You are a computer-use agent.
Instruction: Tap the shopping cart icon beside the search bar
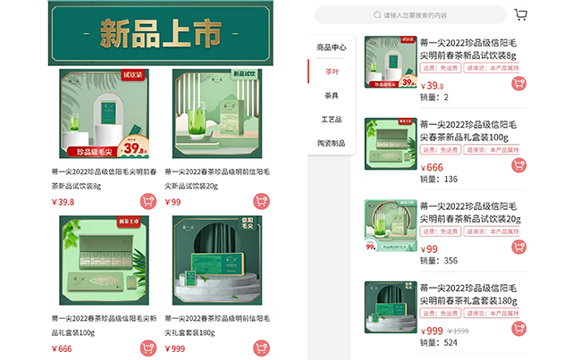pyautogui.click(x=521, y=14)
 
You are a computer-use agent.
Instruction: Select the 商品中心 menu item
pyautogui.click(x=331, y=46)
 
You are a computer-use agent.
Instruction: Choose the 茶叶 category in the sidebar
pyautogui.click(x=331, y=71)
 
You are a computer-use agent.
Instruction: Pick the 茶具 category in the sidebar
pyautogui.click(x=331, y=95)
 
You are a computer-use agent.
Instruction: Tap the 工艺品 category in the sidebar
pyautogui.click(x=331, y=119)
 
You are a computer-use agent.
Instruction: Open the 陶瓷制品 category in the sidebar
pyautogui.click(x=331, y=143)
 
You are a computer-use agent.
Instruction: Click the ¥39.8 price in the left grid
pyautogui.click(x=63, y=202)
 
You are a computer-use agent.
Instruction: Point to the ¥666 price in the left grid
pyautogui.click(x=62, y=348)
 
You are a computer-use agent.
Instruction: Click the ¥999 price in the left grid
pyautogui.click(x=175, y=348)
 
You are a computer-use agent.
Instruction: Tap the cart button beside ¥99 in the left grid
pyautogui.click(x=261, y=201)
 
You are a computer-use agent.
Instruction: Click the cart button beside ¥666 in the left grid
pyautogui.click(x=147, y=347)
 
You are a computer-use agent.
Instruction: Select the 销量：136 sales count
pyautogui.click(x=438, y=179)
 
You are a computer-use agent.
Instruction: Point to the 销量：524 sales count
pyautogui.click(x=438, y=342)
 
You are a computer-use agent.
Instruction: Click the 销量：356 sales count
pyautogui.click(x=438, y=261)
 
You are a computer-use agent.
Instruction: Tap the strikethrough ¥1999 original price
pyautogui.click(x=458, y=331)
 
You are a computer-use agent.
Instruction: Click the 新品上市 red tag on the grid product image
pyautogui.click(x=129, y=222)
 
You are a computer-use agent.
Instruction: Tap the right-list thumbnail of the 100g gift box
pyautogui.click(x=390, y=142)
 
